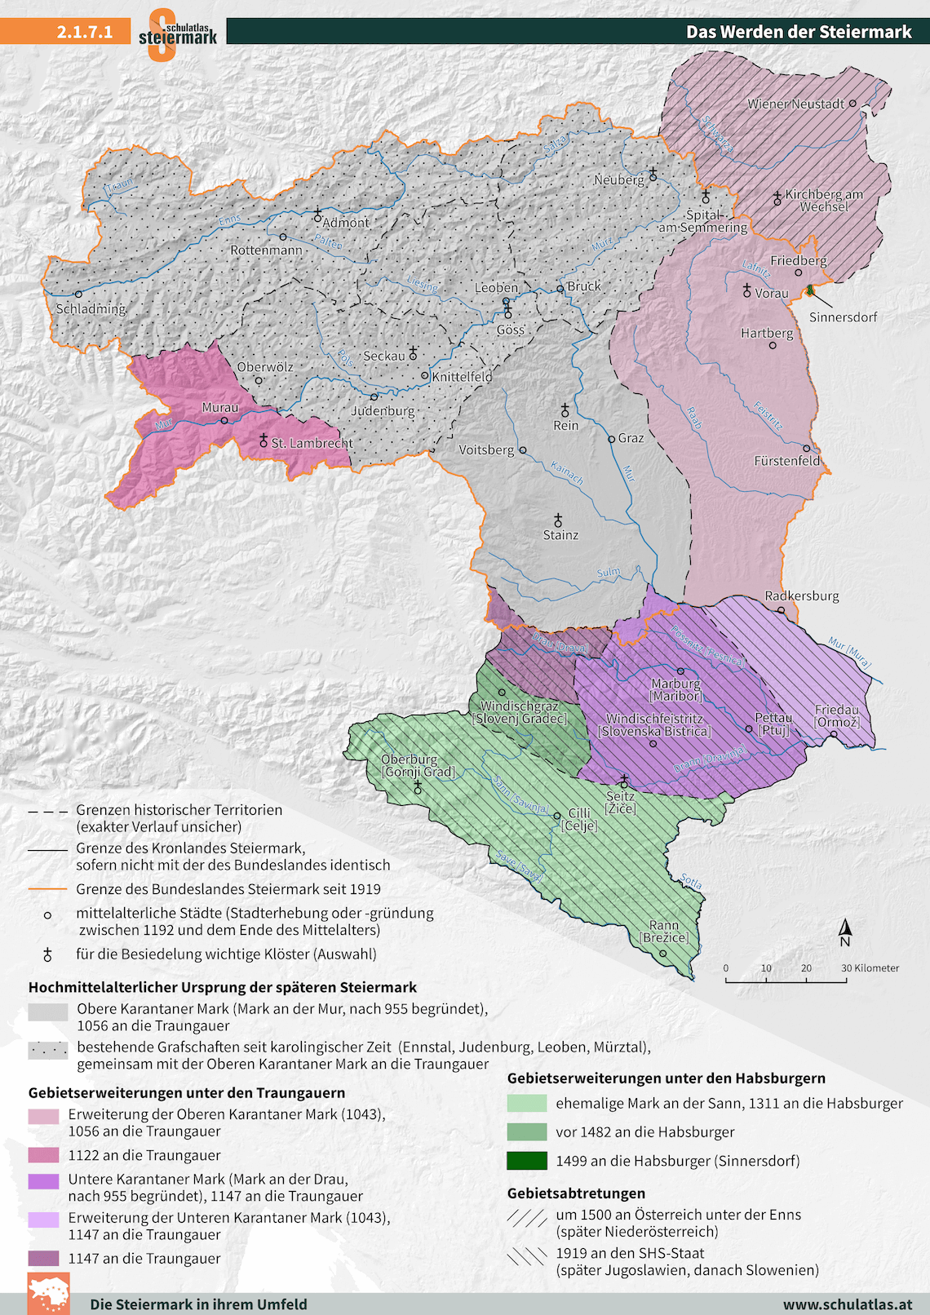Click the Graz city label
click(631, 438)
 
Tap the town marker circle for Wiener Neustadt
click(852, 104)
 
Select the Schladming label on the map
click(91, 309)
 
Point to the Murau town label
click(220, 407)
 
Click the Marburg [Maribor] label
click(675, 689)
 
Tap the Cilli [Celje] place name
click(579, 819)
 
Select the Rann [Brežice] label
click(664, 932)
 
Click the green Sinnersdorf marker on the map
click(810, 290)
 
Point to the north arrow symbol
click(846, 931)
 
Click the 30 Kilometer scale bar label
click(870, 968)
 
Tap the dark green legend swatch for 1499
click(526, 1160)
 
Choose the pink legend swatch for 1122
click(43, 1155)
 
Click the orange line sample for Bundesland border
click(47, 889)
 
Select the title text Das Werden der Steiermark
click(799, 32)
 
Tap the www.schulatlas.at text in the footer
click(847, 1304)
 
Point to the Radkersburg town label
click(801, 596)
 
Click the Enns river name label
click(231, 220)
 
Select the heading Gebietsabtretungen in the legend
click(576, 1193)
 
